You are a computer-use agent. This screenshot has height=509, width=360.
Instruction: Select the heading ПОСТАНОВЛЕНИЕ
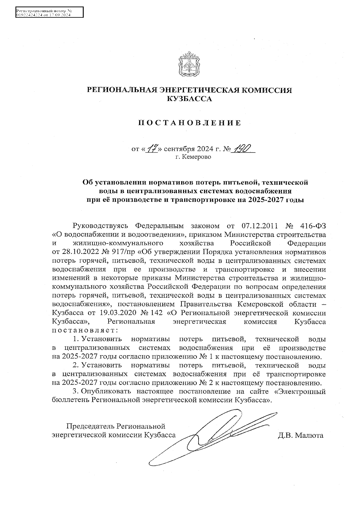pyautogui.click(x=189, y=123)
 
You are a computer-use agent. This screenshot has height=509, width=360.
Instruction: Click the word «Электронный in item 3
pyautogui.click(x=300, y=391)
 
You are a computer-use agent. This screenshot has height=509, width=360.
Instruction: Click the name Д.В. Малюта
pyautogui.click(x=301, y=435)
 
